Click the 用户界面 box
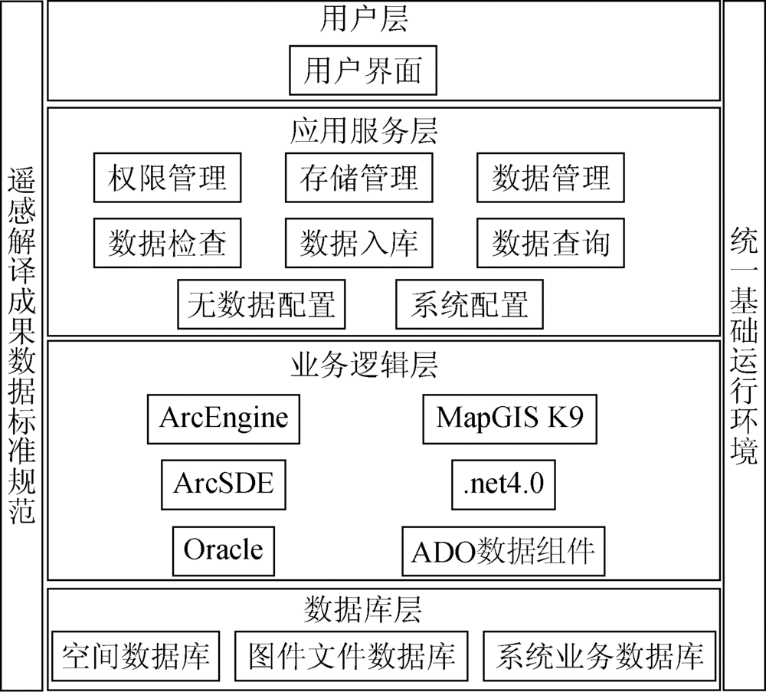tap(363, 71)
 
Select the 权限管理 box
tap(168, 178)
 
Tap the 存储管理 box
tap(359, 178)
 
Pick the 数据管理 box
tap(551, 178)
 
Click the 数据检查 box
tap(168, 244)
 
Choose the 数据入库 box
tap(359, 244)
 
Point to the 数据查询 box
tap(551, 244)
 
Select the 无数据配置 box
tap(261, 304)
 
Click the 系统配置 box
tap(470, 304)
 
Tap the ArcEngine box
tap(224, 419)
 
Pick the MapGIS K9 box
tap(510, 419)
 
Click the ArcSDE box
tap(224, 485)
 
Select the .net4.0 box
tap(504, 485)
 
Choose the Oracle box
tap(224, 551)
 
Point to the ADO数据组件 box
tap(504, 551)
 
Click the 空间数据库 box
tap(136, 656)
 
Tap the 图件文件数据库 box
tap(352, 656)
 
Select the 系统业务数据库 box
tap(600, 656)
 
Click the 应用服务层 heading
tap(364, 131)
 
